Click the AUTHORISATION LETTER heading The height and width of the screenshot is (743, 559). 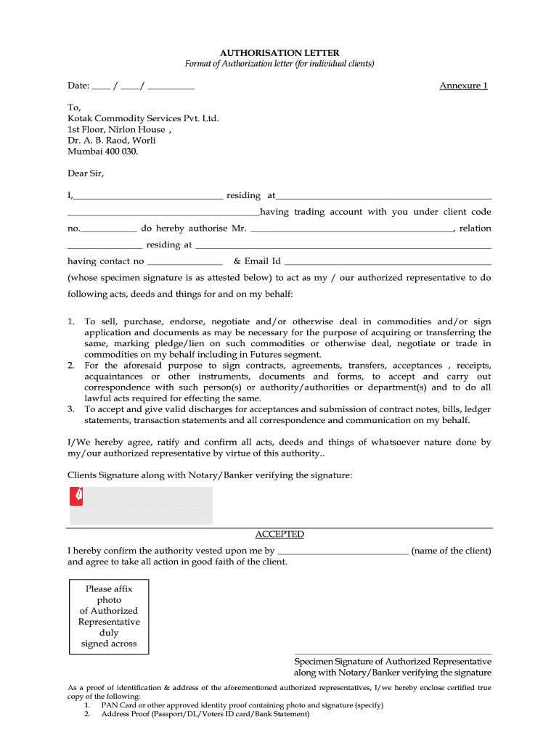pos(279,53)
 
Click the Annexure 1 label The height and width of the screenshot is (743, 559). pos(463,86)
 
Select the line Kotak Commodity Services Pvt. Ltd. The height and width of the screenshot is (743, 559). pos(143,118)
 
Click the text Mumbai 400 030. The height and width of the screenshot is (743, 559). pos(102,151)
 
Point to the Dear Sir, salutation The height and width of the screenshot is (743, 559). pos(86,173)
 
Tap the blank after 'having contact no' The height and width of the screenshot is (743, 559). pos(184,262)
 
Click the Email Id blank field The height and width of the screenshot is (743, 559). pos(388,262)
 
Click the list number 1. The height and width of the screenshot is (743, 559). pos(71,321)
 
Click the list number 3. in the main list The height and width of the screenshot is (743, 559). pos(71,409)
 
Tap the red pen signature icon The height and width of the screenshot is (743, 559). pos(76,496)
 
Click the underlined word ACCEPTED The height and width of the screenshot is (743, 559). pos(279,535)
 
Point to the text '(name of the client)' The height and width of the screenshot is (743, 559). pos(451,551)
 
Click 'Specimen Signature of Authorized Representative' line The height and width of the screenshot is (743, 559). pos(392,662)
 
